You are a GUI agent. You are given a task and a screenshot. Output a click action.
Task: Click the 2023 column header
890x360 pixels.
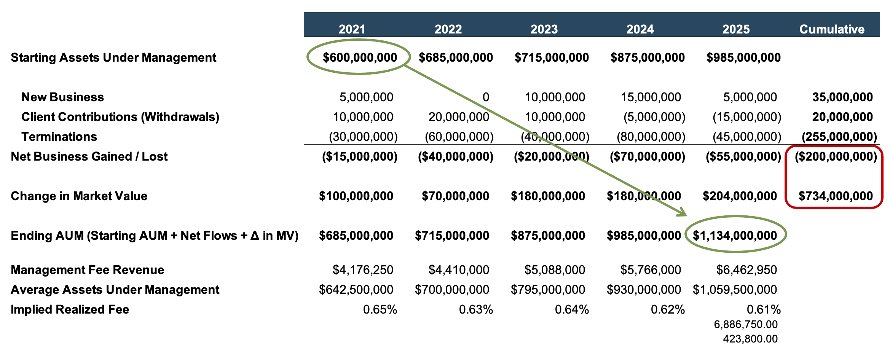point(544,29)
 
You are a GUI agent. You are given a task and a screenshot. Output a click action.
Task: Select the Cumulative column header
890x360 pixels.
point(832,29)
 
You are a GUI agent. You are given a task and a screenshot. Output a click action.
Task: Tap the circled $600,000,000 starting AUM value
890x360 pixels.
point(360,57)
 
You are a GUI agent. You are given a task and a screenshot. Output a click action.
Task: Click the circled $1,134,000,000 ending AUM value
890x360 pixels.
point(735,236)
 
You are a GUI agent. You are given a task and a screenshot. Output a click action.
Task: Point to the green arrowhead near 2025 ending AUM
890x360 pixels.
point(683,213)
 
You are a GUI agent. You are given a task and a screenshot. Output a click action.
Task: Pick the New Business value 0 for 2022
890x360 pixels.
point(486,97)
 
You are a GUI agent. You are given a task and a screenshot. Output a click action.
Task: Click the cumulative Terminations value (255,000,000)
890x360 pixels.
point(839,137)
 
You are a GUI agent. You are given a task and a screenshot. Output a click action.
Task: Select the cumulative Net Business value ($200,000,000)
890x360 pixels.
point(836,156)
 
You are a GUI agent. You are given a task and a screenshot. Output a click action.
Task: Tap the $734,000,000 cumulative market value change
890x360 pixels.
point(836,196)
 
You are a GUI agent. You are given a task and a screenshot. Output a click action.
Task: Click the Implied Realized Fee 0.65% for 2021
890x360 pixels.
point(380,309)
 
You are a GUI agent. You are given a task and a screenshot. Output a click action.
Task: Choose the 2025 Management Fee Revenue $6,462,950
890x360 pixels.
point(746,270)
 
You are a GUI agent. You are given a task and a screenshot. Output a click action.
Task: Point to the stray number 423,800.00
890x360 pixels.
point(750,339)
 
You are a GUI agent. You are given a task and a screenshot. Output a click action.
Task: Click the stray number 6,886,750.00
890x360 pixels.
point(746,324)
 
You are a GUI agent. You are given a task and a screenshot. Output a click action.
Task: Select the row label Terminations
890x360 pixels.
point(59,137)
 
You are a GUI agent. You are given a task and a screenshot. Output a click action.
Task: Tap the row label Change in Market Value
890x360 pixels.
point(79,196)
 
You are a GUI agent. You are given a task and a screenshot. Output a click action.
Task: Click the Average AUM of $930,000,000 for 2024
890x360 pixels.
point(644,290)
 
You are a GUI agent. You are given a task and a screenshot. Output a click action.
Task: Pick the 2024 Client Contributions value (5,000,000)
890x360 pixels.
point(654,117)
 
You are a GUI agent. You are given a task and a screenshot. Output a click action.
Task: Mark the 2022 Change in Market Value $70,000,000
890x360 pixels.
point(455,196)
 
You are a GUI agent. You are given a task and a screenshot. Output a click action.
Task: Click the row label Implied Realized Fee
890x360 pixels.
point(70,309)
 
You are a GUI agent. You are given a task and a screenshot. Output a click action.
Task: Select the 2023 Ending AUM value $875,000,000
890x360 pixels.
point(548,236)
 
